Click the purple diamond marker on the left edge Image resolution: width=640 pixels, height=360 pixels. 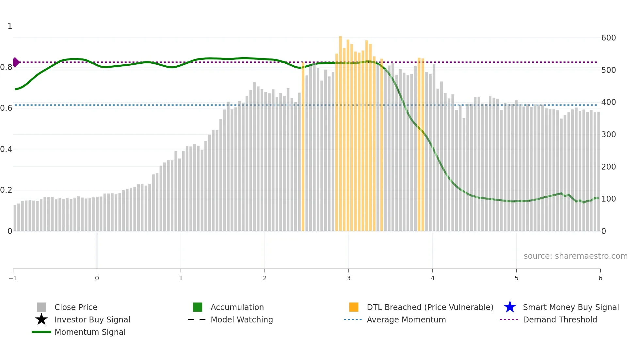tap(16, 62)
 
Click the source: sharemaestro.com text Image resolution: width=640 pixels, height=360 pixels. tap(575, 256)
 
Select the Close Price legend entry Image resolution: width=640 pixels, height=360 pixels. tap(76, 307)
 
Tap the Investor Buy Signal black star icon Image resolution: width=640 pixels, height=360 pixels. tap(41, 319)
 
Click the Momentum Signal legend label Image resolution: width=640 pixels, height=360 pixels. tap(90, 332)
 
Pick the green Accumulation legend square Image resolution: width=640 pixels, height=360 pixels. tap(198, 307)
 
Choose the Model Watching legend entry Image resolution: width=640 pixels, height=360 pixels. tap(242, 320)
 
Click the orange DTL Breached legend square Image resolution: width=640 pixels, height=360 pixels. tap(354, 307)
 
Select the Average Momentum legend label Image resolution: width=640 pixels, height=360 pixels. tap(406, 320)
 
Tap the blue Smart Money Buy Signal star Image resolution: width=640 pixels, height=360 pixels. tap(510, 307)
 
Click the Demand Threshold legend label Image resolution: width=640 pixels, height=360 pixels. tap(560, 320)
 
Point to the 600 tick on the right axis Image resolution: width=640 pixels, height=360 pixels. tap(608, 38)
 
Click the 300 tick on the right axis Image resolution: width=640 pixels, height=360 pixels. tap(608, 135)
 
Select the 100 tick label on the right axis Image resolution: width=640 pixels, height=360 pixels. tap(608, 199)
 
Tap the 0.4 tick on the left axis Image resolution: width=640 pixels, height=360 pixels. tap(6, 149)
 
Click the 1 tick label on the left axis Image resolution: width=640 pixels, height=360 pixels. tap(10, 26)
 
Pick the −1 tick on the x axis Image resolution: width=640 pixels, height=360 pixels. tap(13, 278)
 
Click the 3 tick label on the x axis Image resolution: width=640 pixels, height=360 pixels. tap(349, 278)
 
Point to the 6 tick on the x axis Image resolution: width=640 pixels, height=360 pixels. tap(600, 278)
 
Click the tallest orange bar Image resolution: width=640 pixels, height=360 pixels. tap(340, 131)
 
